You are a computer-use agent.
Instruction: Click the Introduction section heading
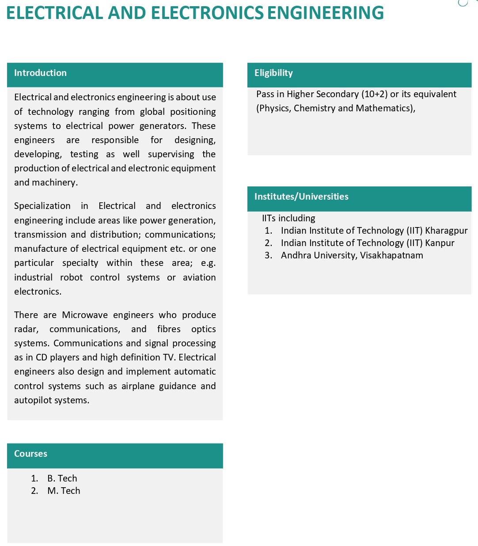click(x=40, y=73)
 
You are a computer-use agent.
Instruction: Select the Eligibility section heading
click(x=273, y=73)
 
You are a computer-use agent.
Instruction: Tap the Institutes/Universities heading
click(x=301, y=197)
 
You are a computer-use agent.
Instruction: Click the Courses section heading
click(x=30, y=454)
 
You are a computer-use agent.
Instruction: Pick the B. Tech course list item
click(x=62, y=478)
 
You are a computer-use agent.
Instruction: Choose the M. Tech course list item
click(x=64, y=491)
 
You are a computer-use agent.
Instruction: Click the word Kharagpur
click(x=446, y=231)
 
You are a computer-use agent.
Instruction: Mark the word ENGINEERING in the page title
click(x=326, y=13)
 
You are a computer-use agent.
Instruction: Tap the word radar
click(x=26, y=329)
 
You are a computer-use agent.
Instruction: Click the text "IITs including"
click(x=288, y=218)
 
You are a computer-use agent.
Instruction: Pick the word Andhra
click(x=296, y=255)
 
